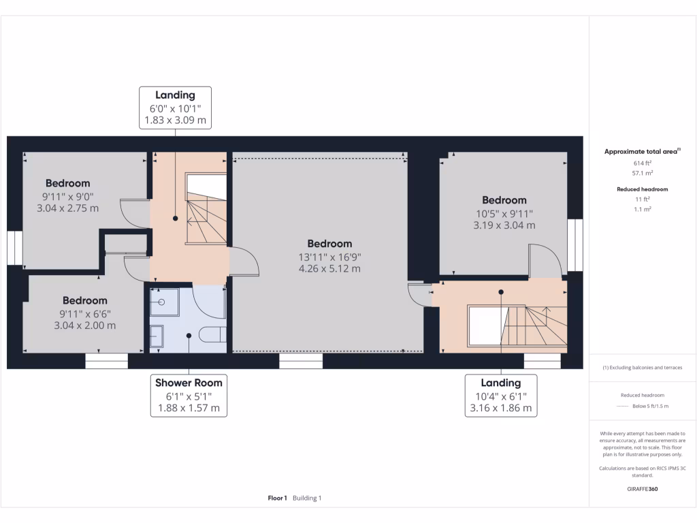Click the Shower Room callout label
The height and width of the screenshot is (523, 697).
(x=189, y=395)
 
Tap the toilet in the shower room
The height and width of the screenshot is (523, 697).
(x=213, y=334)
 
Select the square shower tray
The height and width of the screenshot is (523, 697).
(x=164, y=302)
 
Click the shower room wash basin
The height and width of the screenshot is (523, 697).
(x=157, y=336)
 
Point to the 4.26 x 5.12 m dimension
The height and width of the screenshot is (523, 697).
(x=329, y=268)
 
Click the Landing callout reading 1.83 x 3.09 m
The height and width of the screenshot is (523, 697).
(x=175, y=108)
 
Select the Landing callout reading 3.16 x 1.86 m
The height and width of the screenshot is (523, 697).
(x=501, y=396)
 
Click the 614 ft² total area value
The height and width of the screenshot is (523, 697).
(x=643, y=163)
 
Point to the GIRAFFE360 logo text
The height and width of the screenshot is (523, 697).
(x=643, y=489)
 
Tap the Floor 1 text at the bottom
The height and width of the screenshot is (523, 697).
(x=278, y=498)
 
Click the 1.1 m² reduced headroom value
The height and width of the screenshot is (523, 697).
(x=643, y=209)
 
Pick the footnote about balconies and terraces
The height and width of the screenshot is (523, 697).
(x=643, y=368)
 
